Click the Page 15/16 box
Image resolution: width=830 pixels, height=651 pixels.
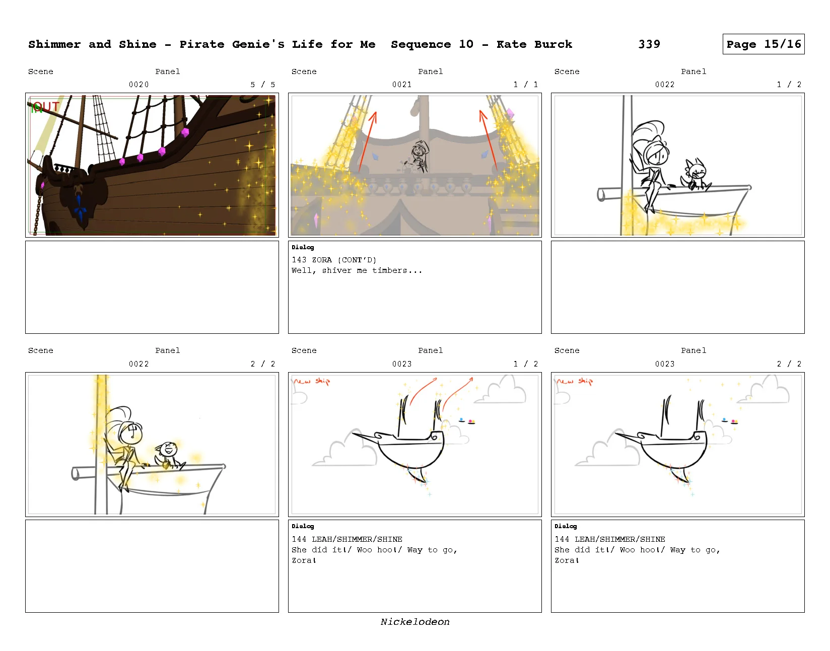click(x=763, y=44)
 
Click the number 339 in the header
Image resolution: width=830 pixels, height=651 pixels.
click(x=649, y=44)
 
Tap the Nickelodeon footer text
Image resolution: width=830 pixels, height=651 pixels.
click(x=415, y=622)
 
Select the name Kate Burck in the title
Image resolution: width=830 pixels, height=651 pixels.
click(x=534, y=44)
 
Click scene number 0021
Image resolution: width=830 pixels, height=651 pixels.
click(x=402, y=85)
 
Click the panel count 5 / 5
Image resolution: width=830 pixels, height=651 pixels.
click(x=263, y=85)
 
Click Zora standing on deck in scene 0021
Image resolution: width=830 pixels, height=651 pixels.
click(x=420, y=157)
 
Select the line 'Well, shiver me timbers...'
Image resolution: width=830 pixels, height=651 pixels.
click(x=357, y=270)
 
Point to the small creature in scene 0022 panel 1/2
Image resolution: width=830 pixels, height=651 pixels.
click(x=695, y=175)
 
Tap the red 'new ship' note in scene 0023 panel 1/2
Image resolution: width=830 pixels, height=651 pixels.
click(x=312, y=381)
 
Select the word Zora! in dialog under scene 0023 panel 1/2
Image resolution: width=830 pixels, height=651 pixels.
click(x=304, y=560)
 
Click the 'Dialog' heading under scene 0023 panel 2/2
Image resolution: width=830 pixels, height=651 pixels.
click(x=565, y=526)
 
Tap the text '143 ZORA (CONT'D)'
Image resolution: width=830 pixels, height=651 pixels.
click(x=334, y=260)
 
